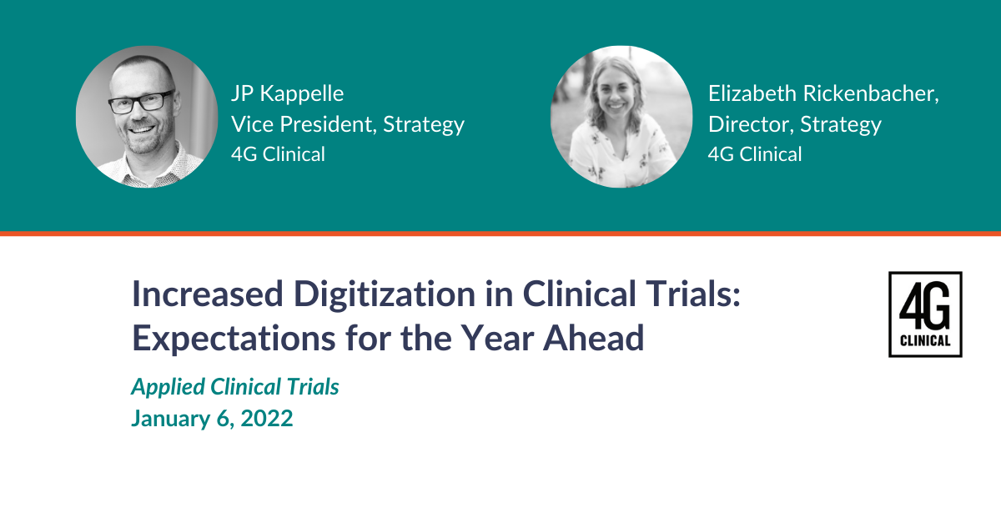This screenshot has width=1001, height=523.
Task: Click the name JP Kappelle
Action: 287,93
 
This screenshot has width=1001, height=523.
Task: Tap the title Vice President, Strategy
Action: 347,124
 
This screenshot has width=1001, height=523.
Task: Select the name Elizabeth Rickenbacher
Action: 822,93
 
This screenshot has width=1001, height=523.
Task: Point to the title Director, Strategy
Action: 794,124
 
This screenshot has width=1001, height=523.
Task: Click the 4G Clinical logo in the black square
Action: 925,314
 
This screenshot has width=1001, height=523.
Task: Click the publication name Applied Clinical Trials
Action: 235,387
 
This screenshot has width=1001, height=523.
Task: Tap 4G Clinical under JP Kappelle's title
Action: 278,154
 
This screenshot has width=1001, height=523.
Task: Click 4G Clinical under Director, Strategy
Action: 755,154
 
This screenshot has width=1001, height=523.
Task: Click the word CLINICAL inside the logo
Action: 925,340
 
